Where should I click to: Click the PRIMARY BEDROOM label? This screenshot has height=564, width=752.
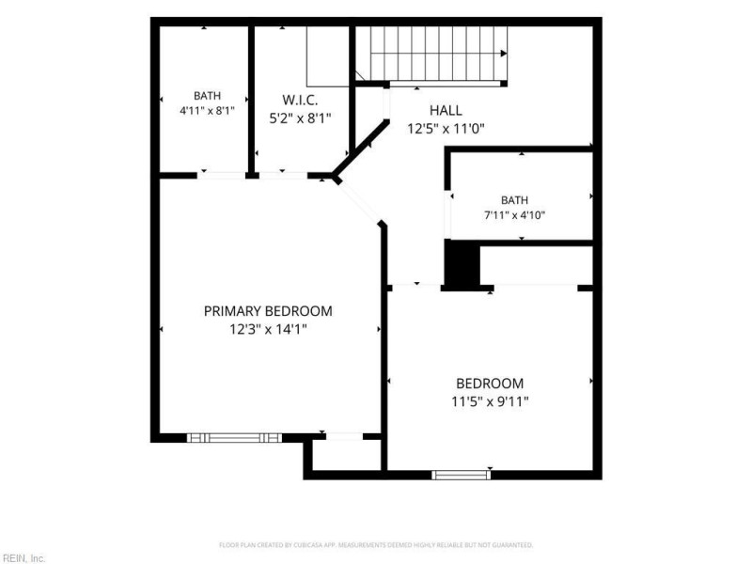pos(268,311)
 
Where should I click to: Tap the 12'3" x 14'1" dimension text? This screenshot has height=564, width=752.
pos(268,330)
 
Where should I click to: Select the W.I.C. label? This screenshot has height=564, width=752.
pos(300,101)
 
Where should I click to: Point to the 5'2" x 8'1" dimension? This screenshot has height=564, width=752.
pos(300,118)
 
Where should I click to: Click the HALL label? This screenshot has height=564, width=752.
pos(446,110)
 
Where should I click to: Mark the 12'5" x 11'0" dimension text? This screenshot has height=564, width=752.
pos(446,129)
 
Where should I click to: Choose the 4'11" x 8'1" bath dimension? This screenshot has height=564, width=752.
pos(207,111)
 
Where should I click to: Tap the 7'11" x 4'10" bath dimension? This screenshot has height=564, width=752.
pos(514,215)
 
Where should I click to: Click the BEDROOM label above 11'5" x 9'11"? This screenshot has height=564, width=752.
pos(490,384)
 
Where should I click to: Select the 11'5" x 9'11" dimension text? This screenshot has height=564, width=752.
pos(490,401)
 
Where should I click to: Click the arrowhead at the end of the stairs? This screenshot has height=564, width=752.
pos(504,54)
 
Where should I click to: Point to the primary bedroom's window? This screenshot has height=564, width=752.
pos(234,437)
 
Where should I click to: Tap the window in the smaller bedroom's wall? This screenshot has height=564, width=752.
pos(461,475)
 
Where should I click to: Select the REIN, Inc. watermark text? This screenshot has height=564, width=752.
pos(23,558)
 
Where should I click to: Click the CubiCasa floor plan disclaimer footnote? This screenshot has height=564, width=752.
pos(376,545)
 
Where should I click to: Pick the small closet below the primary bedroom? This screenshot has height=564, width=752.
pos(347,456)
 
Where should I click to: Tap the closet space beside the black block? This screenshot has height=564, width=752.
pos(536,265)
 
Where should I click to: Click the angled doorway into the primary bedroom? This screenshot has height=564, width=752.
pos(359,203)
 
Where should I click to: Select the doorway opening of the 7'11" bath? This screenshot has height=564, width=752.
pos(447,214)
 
